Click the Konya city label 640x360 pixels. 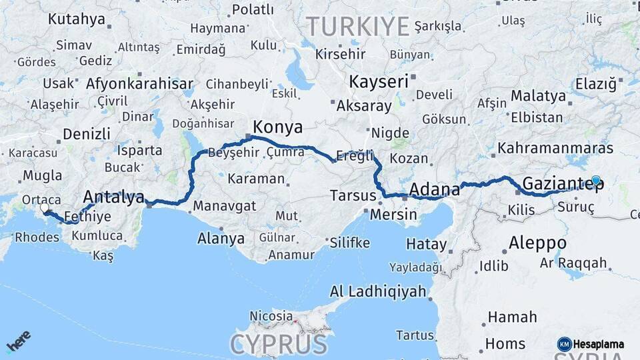coord(277,127)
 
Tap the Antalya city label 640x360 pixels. coord(113,197)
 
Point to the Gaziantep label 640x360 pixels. coord(563,183)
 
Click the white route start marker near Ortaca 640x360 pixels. coord(45,209)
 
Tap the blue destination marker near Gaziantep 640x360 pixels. coord(596,180)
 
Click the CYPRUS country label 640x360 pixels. coord(279,345)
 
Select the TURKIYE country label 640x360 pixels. coord(357,27)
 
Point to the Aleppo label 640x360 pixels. coord(537,243)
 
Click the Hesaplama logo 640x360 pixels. coord(591,344)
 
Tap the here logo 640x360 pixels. coord(19,341)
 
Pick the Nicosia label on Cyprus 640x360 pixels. coord(271,315)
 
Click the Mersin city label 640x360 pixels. coord(393,215)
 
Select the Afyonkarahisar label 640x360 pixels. coord(139,85)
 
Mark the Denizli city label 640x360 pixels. coord(87,134)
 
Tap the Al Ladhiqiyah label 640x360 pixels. coord(378,291)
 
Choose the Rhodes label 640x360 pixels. coord(37,237)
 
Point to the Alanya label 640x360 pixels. coord(221,238)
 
